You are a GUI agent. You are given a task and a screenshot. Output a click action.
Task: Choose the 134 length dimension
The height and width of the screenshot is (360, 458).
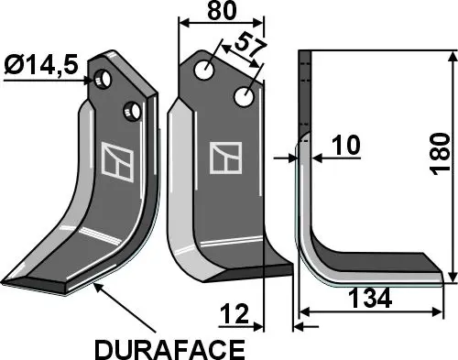click(x=371, y=299)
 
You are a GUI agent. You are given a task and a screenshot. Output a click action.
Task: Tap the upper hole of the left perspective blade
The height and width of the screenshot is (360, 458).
click(x=107, y=80)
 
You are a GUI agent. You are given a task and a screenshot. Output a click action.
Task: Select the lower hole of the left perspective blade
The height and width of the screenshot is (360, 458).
click(x=134, y=111)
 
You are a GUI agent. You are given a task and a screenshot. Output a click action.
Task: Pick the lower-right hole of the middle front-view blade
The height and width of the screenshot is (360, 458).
click(x=244, y=95)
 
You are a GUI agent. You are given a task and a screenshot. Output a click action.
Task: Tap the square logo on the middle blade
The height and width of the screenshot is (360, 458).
click(x=224, y=158)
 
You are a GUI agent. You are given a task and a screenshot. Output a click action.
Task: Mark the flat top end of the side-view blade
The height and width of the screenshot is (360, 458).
click(x=306, y=56)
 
